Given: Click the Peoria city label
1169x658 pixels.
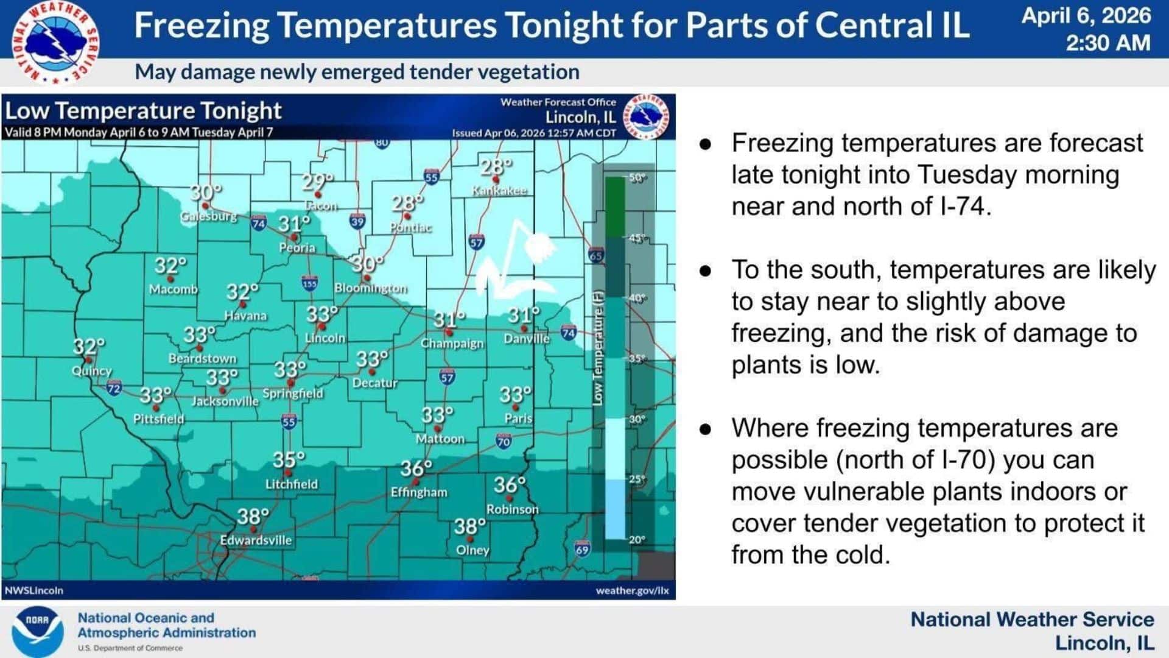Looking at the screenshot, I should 297,248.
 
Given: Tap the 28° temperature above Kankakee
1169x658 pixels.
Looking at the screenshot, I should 496,166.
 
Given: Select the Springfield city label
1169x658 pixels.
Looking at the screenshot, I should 293,394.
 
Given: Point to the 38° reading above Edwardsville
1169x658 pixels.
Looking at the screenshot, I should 253,517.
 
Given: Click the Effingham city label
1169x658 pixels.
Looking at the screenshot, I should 419,492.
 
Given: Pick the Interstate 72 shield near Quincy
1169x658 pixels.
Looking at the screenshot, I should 114,388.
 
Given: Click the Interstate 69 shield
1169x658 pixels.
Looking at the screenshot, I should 582,549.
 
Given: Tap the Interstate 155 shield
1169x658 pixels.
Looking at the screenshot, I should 310,283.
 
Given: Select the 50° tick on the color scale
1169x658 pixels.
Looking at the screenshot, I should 637,178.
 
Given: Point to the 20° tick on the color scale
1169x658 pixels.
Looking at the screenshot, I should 637,540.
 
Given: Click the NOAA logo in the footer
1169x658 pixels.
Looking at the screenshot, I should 37,631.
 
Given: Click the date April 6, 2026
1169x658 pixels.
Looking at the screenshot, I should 1086,16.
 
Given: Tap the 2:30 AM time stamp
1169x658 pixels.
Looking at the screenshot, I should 1108,43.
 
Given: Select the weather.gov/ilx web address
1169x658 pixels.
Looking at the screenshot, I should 632,590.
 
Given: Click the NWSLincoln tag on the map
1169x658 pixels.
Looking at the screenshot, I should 34,590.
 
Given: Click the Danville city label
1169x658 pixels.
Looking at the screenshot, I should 527,339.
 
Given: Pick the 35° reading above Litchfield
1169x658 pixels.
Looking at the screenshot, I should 289,460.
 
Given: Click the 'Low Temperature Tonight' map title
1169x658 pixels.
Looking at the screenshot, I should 143,111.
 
